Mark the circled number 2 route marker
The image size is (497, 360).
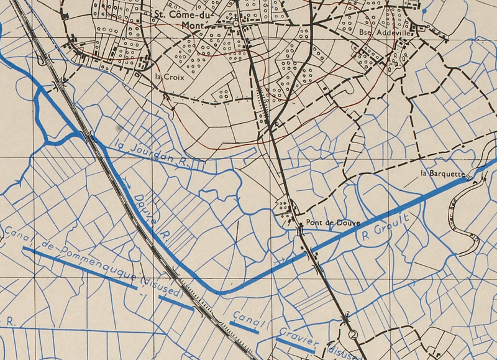(x=354, y=334)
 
